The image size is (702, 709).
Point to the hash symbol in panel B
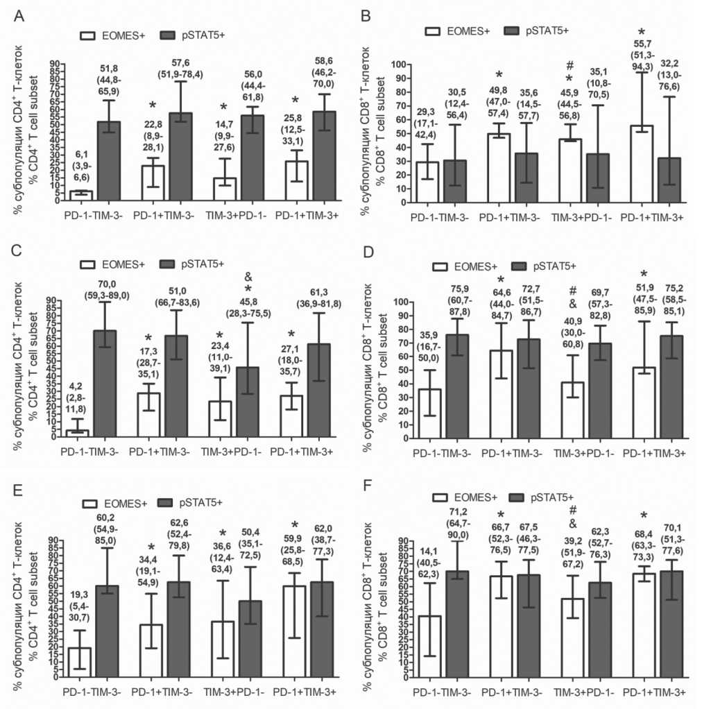coord(568,65)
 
